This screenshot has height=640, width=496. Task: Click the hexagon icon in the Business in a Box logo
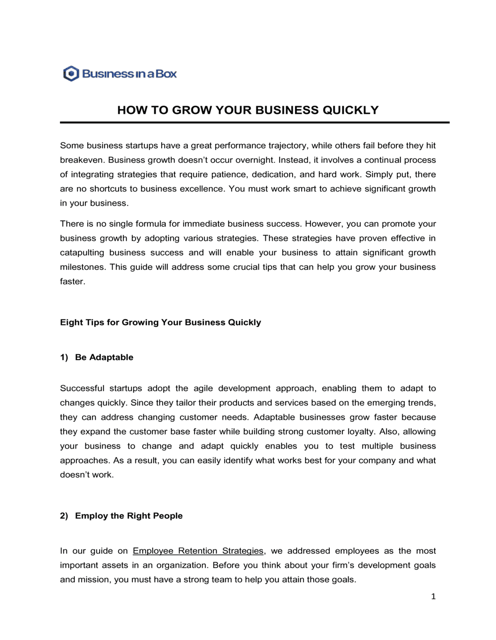tap(71, 74)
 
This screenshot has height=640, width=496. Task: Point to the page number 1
tap(433, 596)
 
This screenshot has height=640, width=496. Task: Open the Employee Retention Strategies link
tap(198, 551)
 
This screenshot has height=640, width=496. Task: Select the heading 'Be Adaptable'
tap(104, 357)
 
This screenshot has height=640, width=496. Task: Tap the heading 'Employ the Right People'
tap(128, 516)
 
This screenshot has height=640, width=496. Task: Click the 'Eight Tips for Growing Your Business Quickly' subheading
tap(160, 322)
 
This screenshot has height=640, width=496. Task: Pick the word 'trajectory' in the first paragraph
tap(288, 145)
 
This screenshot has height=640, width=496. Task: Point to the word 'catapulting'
tap(82, 253)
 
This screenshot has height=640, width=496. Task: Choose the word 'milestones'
tap(82, 267)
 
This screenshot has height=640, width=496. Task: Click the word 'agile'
tap(203, 388)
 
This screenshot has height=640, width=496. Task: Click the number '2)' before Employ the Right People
tap(64, 516)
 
